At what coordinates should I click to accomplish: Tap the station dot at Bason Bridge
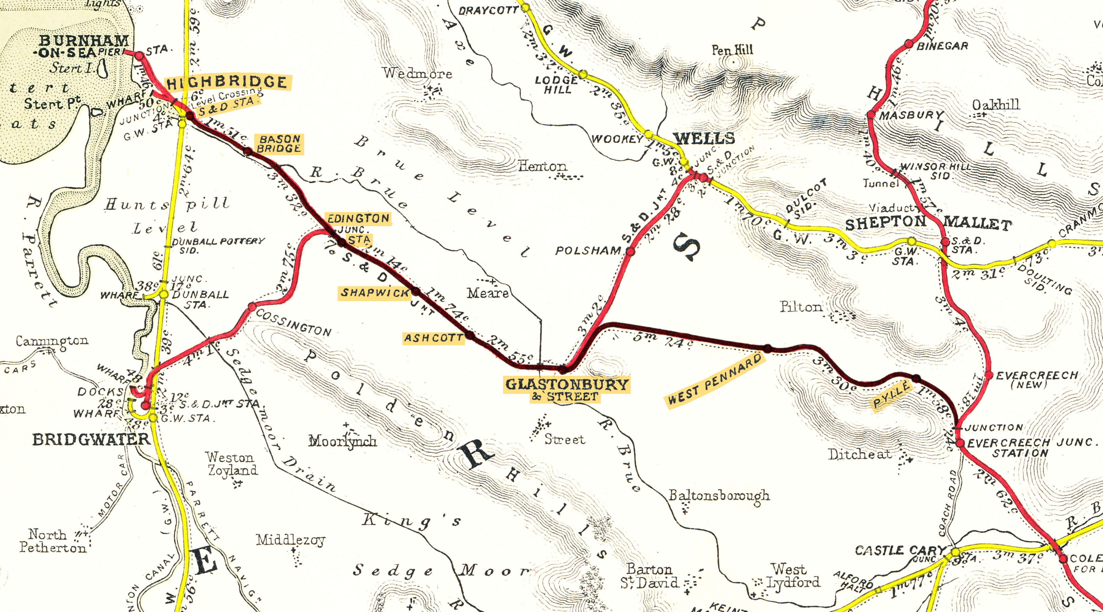[247, 151]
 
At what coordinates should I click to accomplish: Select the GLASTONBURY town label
[566, 384]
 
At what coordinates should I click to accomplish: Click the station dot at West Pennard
[768, 349]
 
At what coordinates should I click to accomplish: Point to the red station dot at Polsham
[630, 252]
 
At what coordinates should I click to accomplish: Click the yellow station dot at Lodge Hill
[583, 75]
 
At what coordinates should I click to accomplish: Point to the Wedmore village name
[417, 73]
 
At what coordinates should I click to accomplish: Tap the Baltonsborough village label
[719, 495]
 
